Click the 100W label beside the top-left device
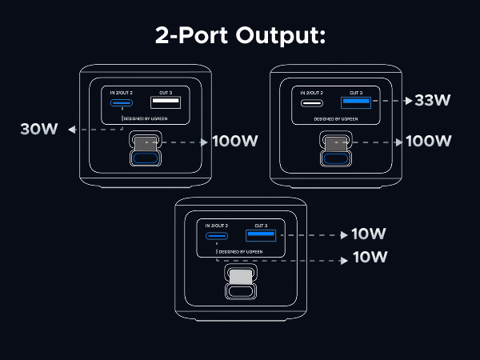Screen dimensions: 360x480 point(234,142)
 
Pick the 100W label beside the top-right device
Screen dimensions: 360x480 point(429,142)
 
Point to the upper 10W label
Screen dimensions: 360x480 point(369,234)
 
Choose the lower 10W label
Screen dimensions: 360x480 point(369,258)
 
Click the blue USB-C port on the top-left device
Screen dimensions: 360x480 point(122,103)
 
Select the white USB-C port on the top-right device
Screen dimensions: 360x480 point(311,102)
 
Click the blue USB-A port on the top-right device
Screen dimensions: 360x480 point(354,102)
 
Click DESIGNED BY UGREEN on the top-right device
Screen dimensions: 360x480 point(335,118)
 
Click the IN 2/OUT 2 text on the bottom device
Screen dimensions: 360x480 point(217,226)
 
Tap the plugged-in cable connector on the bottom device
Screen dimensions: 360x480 point(240,276)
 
